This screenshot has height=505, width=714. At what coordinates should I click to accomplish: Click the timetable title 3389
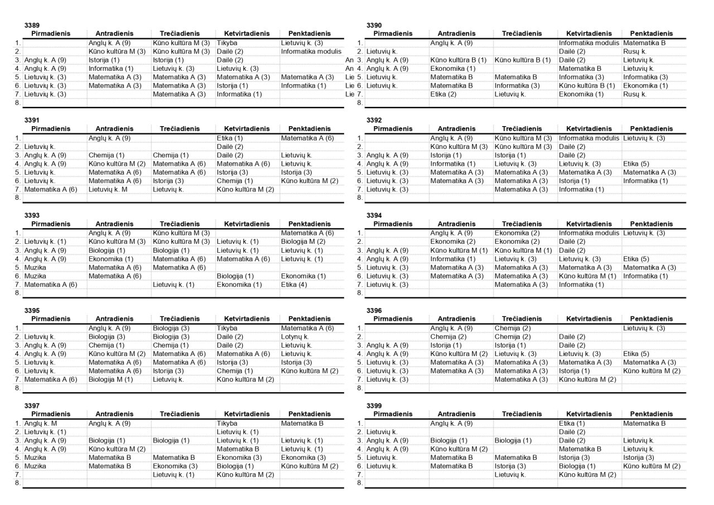pyautogui.click(x=32, y=26)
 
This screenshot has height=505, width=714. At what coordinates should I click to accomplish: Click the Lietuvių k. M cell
pyautogui.click(x=108, y=190)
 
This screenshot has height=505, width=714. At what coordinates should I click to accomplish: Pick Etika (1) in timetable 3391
pyautogui.click(x=229, y=138)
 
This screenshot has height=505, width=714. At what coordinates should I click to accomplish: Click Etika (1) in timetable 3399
pyautogui.click(x=572, y=424)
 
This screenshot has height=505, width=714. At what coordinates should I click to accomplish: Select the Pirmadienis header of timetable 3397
pyautogui.click(x=51, y=414)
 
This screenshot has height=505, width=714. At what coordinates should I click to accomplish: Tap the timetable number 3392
pyautogui.click(x=374, y=120)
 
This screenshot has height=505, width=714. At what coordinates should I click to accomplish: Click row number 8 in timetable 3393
pyautogui.click(x=18, y=293)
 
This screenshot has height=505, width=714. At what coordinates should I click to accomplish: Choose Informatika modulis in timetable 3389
pyautogui.click(x=311, y=51)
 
